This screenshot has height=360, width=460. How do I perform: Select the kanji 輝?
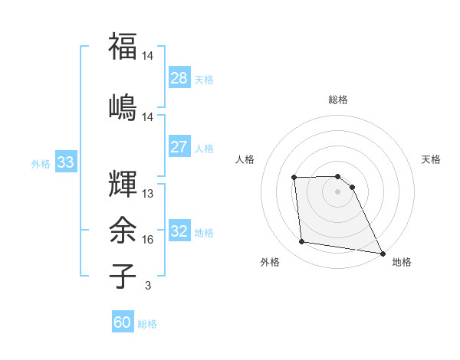click(123, 184)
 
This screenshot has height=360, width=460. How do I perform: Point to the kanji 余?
click(123, 229)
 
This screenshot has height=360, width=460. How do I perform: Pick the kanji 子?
click(123, 276)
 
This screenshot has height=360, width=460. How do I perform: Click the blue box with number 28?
click(179, 77)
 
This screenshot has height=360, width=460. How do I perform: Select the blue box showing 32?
click(179, 231)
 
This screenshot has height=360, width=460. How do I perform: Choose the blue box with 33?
click(65, 162)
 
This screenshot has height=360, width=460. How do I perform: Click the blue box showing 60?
click(123, 322)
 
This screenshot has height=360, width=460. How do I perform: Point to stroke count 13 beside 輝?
click(147, 194)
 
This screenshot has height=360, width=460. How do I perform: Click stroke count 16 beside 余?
click(147, 240)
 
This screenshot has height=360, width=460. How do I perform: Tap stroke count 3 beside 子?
click(147, 286)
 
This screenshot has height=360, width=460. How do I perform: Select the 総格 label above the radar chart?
click(338, 100)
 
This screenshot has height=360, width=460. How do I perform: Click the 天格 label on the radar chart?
click(432, 159)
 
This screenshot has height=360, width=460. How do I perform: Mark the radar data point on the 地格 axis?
click(383, 254)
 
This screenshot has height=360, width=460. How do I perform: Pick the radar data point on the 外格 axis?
click(302, 242)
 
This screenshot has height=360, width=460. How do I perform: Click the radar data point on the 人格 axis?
click(294, 178)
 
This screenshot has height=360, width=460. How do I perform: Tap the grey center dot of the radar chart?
click(337, 191)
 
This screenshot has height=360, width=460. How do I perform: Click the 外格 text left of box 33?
click(40, 163)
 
